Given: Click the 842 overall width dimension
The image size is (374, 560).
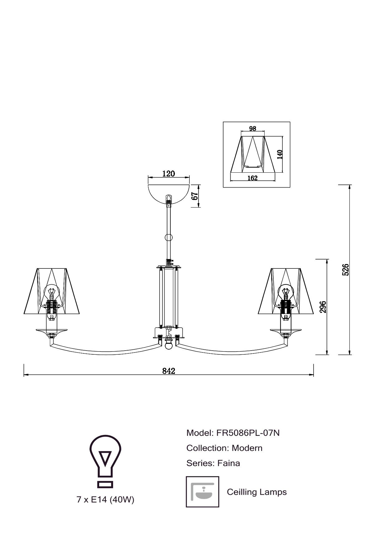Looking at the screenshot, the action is (169, 371).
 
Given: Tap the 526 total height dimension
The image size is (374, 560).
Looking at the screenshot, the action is (346, 270).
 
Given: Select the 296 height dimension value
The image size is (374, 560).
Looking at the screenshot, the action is (323, 307).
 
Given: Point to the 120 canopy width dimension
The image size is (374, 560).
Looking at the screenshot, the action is (169, 174).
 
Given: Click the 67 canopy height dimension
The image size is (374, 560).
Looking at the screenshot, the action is (195, 196).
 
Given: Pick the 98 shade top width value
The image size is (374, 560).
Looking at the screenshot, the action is (253, 128).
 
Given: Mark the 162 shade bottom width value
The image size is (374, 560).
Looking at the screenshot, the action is (252, 178).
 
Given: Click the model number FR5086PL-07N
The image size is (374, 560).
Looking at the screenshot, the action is (246, 433).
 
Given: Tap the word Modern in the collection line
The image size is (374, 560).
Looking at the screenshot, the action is (247, 448).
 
